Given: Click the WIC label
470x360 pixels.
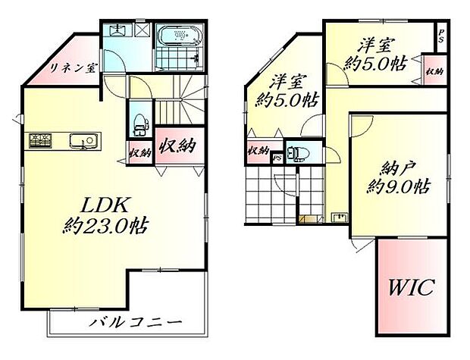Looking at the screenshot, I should (x=412, y=288).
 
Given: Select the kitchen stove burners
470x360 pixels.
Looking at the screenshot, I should (x=39, y=140).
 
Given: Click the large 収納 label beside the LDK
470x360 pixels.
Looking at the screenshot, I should (x=176, y=144).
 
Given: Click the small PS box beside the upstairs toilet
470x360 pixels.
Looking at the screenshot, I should (x=277, y=158).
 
